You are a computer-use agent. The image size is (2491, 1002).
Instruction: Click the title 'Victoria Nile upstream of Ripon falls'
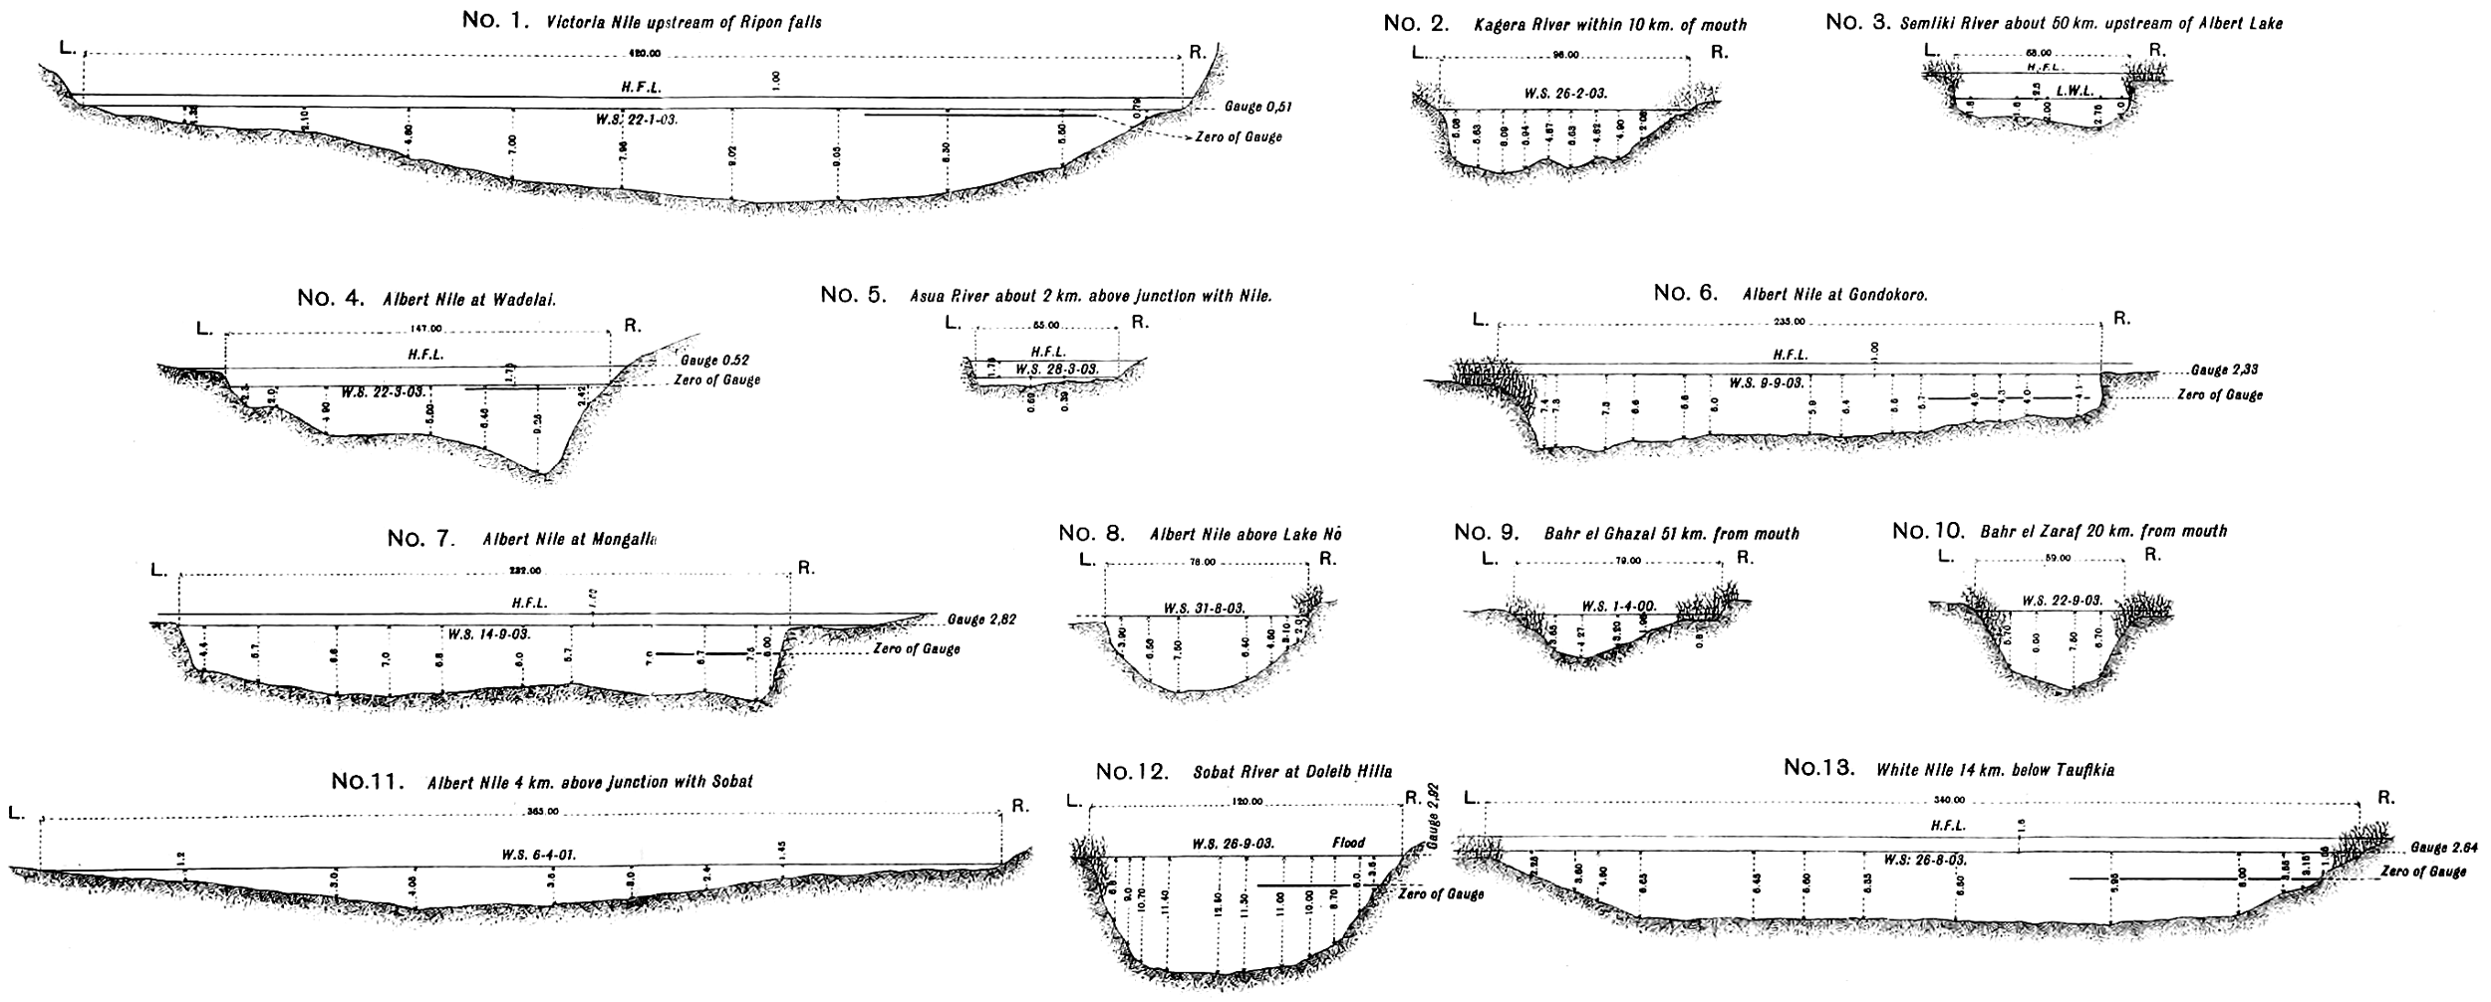(684, 22)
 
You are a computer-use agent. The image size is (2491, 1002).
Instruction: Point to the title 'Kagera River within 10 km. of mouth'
(1610, 25)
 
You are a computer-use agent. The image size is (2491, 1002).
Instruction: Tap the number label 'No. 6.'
(1686, 293)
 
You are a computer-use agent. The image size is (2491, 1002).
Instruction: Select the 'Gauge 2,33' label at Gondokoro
(2224, 370)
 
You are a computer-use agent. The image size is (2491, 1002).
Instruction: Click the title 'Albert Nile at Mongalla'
(569, 540)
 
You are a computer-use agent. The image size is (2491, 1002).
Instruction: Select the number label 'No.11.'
(367, 782)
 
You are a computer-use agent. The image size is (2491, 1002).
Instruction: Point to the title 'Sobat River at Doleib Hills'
(1291, 773)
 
